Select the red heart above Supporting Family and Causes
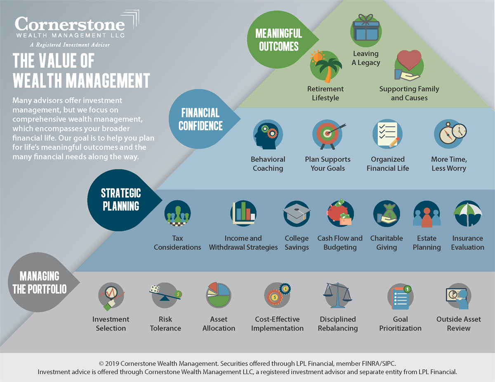tap(409, 60)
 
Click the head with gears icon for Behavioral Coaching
tap(268, 134)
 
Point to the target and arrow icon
tap(328, 134)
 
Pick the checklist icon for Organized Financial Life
tap(387, 134)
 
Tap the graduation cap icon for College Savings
tap(297, 213)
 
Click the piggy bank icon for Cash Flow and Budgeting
tap(340, 213)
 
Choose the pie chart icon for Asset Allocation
tap(219, 295)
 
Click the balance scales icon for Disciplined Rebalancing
tap(337, 295)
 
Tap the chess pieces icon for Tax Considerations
tap(177, 213)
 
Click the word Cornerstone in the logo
tap(70, 24)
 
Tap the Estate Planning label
tap(427, 243)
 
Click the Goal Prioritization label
tap(400, 324)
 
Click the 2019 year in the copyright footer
tap(112, 363)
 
